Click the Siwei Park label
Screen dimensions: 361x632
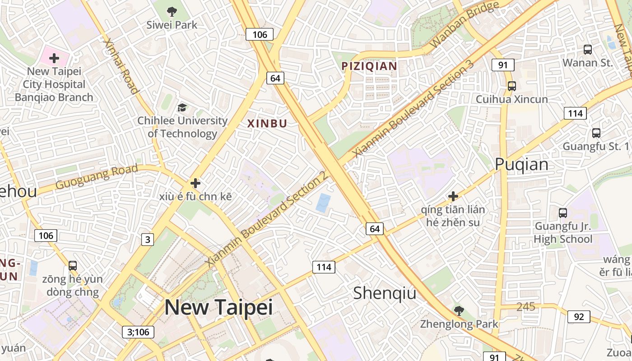pyautogui.click(x=172, y=25)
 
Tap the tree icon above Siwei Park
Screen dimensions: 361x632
pyautogui.click(x=172, y=11)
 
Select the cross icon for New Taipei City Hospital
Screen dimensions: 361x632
pyautogui.click(x=54, y=58)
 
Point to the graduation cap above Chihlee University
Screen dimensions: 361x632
pyautogui.click(x=182, y=107)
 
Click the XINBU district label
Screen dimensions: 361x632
pyautogui.click(x=267, y=123)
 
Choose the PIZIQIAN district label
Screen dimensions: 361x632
pyautogui.click(x=369, y=66)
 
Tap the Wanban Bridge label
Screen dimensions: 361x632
pyautogui.click(x=465, y=25)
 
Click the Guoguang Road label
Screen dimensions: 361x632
pyautogui.click(x=97, y=177)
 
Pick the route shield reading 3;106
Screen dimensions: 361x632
pyautogui.click(x=138, y=332)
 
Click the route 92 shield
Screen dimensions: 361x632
pyautogui.click(x=579, y=317)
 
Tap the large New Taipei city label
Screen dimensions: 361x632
pyautogui.click(x=218, y=307)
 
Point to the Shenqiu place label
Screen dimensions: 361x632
pyautogui.click(x=385, y=293)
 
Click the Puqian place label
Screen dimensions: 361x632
pyautogui.click(x=521, y=164)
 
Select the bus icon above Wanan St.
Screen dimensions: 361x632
pyautogui.click(x=588, y=50)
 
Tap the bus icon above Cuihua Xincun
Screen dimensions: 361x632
pyautogui.click(x=511, y=86)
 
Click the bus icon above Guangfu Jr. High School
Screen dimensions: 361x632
pyautogui.click(x=563, y=213)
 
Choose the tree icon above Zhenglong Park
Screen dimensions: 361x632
pyautogui.click(x=459, y=310)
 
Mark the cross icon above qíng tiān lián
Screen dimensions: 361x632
pyautogui.click(x=453, y=196)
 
